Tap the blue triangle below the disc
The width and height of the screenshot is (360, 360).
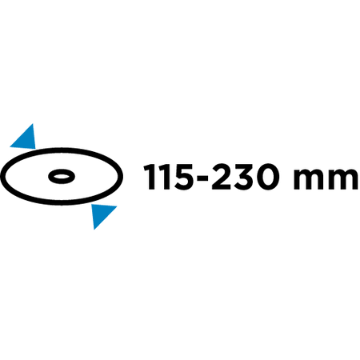point(101,214)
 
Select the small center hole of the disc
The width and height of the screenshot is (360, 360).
point(62,176)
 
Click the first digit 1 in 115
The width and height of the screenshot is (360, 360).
point(150,177)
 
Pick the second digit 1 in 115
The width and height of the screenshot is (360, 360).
point(166,177)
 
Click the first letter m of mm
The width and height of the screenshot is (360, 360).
point(308,179)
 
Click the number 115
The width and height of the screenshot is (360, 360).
point(169,177)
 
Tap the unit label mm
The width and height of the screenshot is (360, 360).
point(326,179)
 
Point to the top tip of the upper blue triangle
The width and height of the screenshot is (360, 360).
point(33,124)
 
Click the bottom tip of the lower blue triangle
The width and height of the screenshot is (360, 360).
point(94,230)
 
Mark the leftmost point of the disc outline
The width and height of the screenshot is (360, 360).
point(1,176)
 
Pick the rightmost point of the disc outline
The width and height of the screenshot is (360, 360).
point(122,176)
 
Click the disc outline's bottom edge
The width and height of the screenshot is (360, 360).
point(62,203)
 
